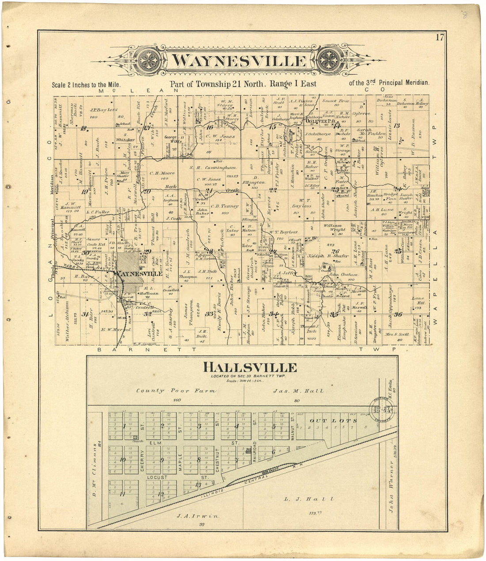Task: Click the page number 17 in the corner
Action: tap(439, 37)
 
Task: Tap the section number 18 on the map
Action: tap(83, 129)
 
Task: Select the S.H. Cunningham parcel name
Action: tap(213, 168)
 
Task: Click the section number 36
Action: tap(399, 314)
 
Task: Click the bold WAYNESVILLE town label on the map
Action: tap(137, 274)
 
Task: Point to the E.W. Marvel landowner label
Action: tap(117, 329)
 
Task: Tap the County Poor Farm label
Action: tap(176, 391)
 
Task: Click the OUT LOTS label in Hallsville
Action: tap(327, 420)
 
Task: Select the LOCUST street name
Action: tap(158, 478)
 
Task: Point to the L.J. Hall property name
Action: tap(309, 499)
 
